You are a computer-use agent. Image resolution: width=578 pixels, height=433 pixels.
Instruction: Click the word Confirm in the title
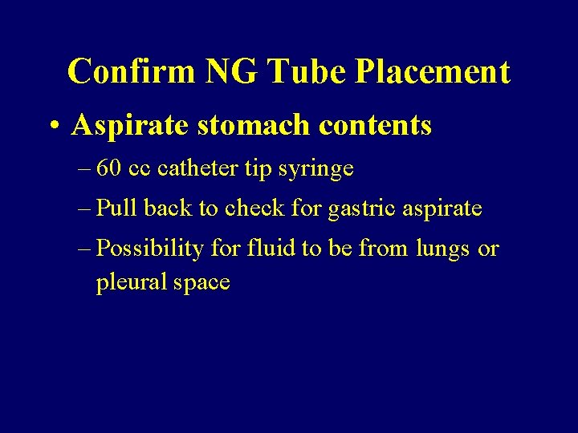[132, 71]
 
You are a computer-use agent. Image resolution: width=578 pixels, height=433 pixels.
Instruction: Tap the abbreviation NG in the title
[231, 71]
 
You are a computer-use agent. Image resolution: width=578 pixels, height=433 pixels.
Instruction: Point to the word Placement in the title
[432, 71]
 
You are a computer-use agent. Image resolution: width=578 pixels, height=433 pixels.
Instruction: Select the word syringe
[322, 170]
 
